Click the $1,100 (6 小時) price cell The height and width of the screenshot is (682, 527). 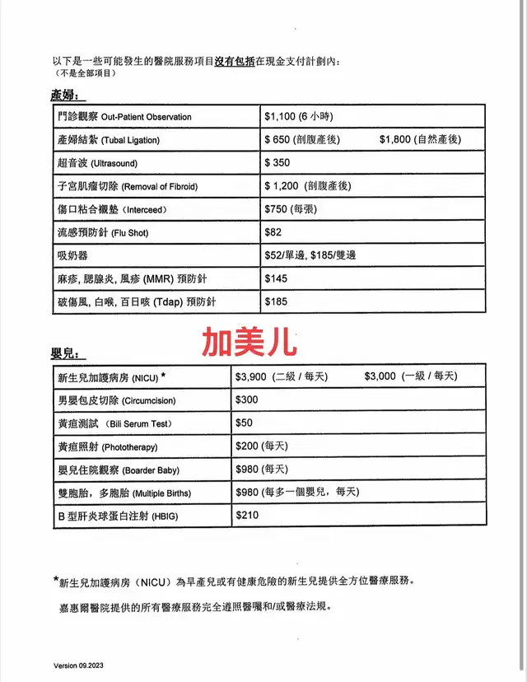298,117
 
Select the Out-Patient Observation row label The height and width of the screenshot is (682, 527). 120,117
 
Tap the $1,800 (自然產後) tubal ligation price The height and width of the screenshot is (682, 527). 420,140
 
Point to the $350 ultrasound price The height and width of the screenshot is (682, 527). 277,163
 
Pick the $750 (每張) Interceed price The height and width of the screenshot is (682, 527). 292,209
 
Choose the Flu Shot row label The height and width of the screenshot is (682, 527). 99,233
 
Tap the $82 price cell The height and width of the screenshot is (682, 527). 272,233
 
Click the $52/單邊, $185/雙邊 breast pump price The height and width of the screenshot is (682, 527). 310,256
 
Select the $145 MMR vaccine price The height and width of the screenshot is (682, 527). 276,279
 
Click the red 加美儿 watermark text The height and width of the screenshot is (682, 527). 250,340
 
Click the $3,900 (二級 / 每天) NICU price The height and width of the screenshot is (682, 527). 281,376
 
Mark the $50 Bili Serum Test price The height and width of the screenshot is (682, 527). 245,423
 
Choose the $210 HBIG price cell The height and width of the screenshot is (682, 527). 247,516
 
